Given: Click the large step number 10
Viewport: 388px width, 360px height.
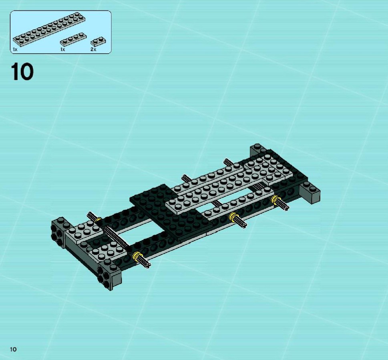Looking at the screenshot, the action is (22, 72).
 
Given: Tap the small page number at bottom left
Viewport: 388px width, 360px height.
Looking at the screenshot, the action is (13, 349).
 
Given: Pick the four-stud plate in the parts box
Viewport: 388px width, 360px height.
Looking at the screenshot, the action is (73, 40).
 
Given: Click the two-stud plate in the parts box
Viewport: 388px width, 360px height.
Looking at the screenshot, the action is (98, 42).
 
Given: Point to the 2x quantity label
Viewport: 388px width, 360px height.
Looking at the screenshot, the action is (93, 50).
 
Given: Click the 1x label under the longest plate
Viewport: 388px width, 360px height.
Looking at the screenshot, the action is (15, 50).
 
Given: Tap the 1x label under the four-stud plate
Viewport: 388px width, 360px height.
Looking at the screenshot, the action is (62, 50).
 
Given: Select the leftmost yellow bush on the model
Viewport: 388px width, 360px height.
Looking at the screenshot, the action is (98, 220).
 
